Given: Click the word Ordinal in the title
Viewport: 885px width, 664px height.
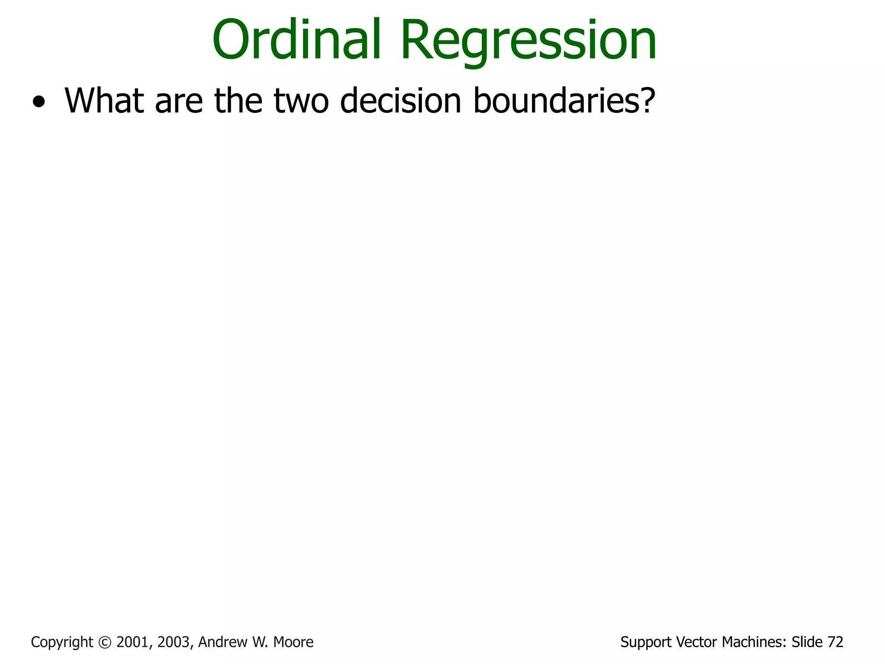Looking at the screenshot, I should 296,40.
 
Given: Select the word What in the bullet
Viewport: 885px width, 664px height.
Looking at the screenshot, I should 104,101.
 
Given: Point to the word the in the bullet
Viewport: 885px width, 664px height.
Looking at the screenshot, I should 238,101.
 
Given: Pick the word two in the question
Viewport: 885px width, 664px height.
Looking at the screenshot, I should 301,103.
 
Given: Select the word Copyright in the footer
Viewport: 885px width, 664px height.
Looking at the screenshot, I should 62,642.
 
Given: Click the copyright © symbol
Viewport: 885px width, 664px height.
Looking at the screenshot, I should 105,642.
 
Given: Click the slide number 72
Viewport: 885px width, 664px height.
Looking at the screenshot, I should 835,642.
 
